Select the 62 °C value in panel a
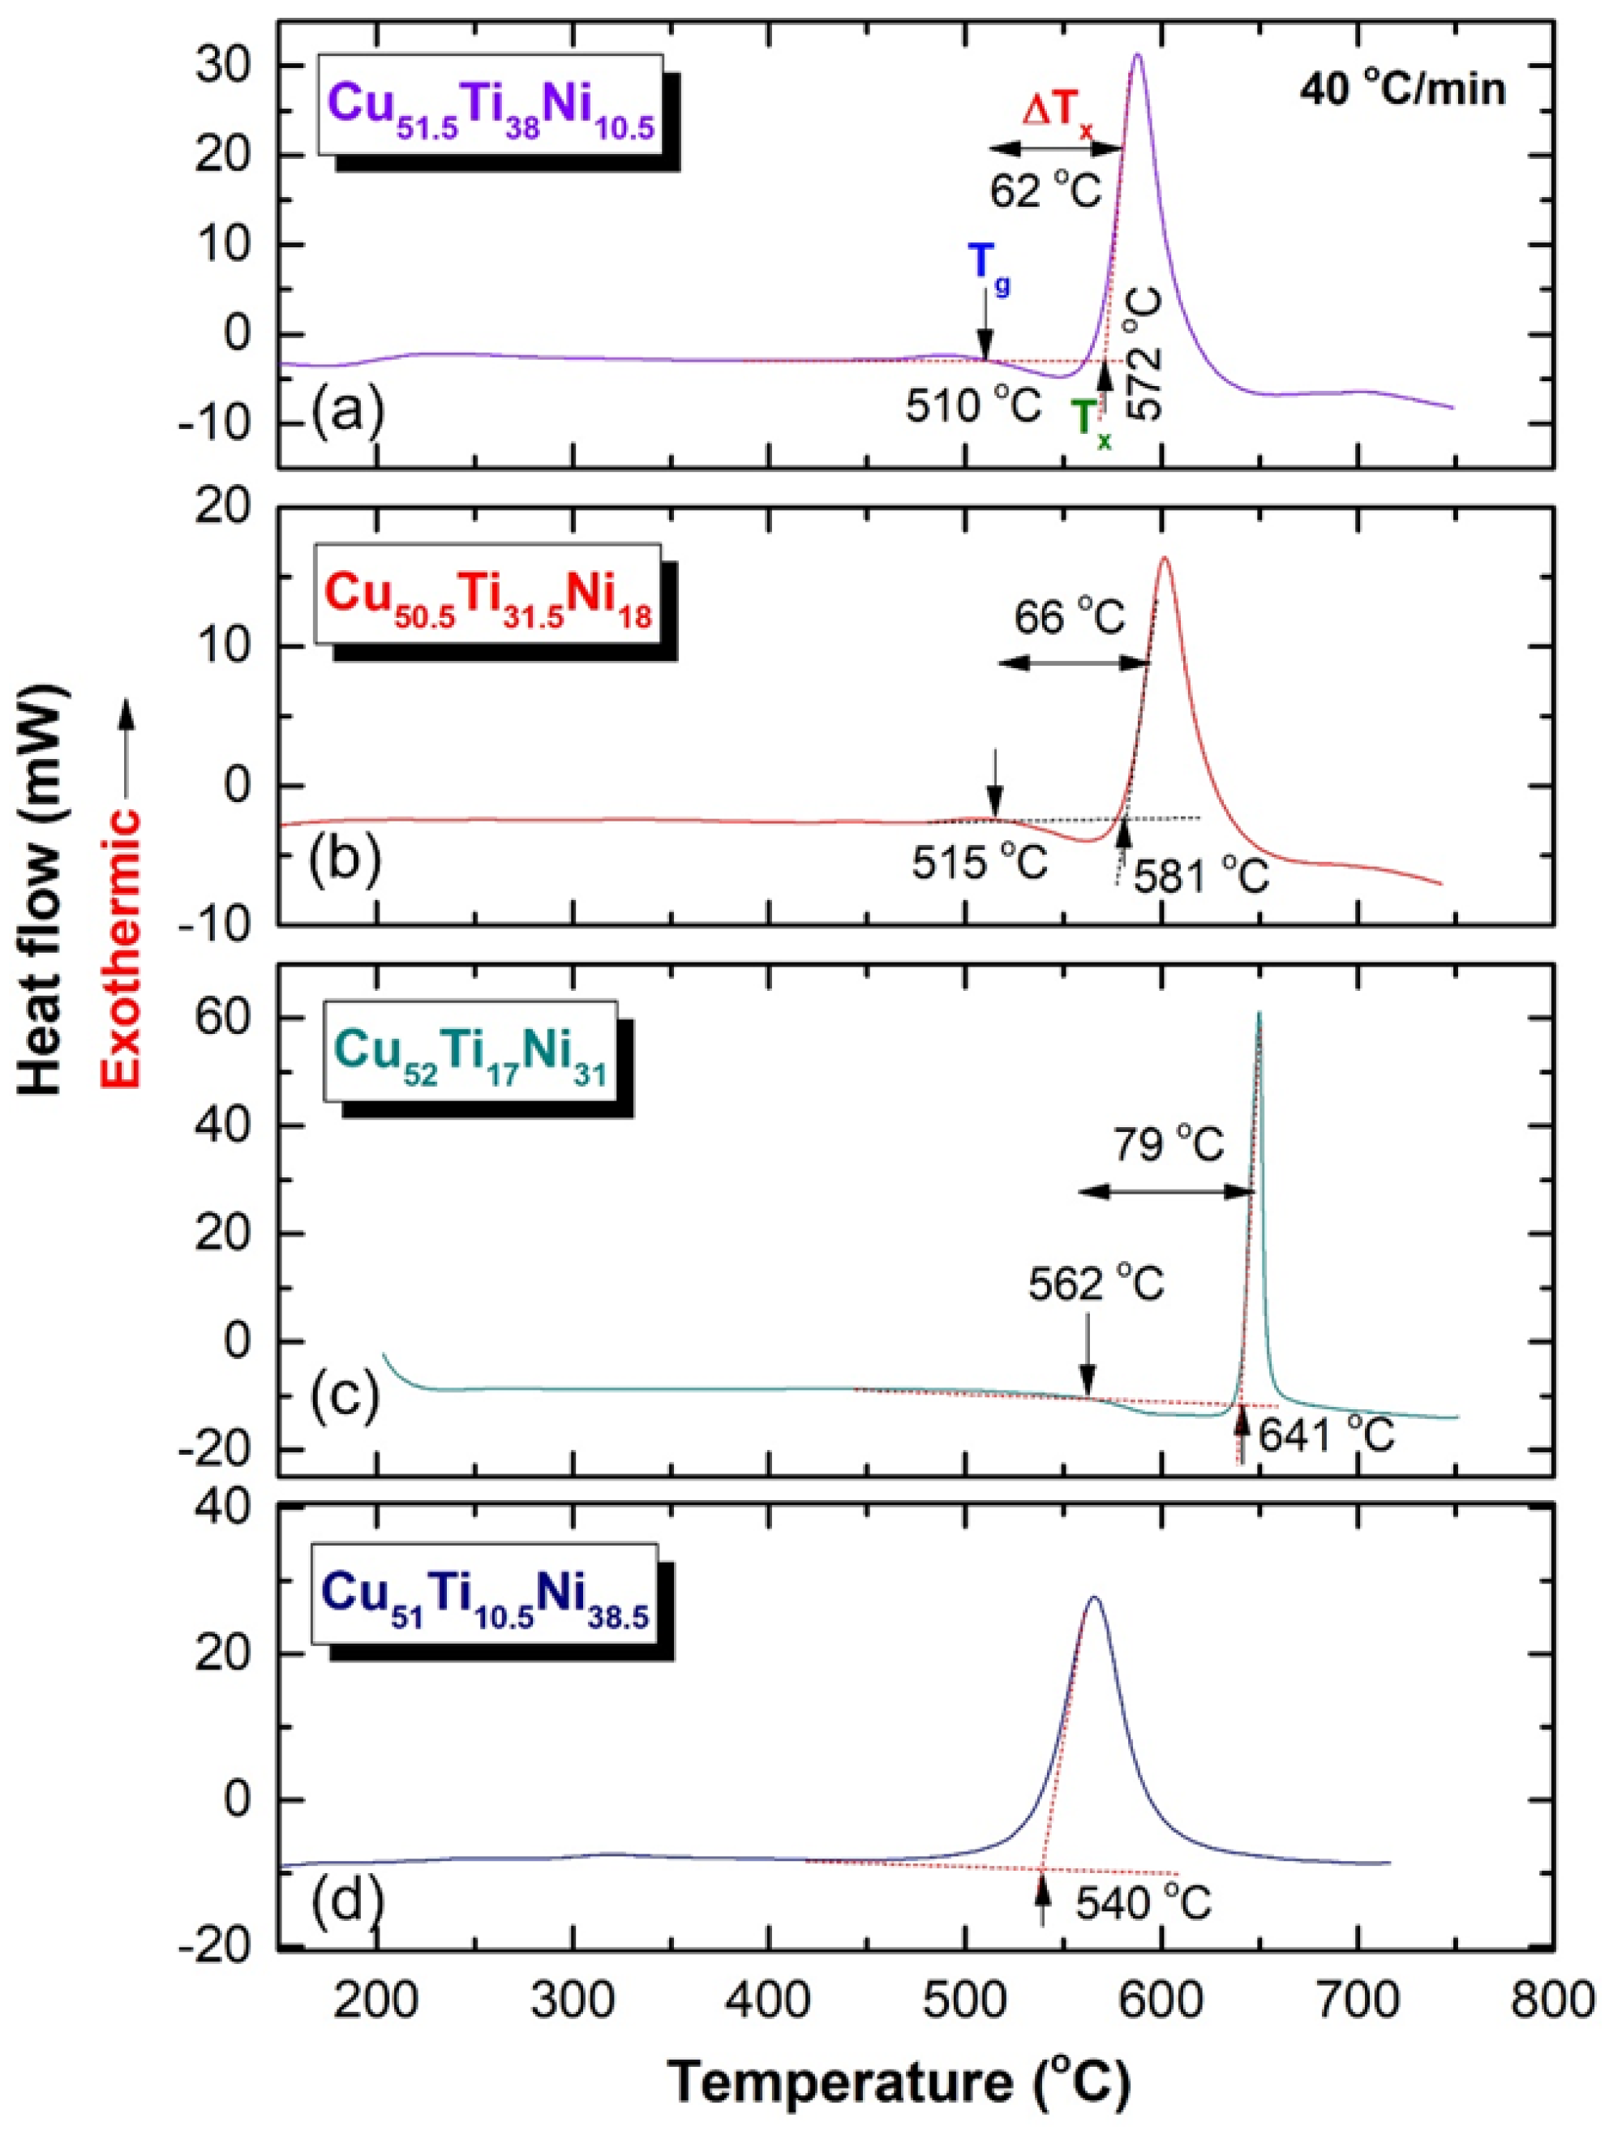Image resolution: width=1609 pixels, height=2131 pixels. (1045, 190)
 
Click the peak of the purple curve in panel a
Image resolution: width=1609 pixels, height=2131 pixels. (1138, 55)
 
